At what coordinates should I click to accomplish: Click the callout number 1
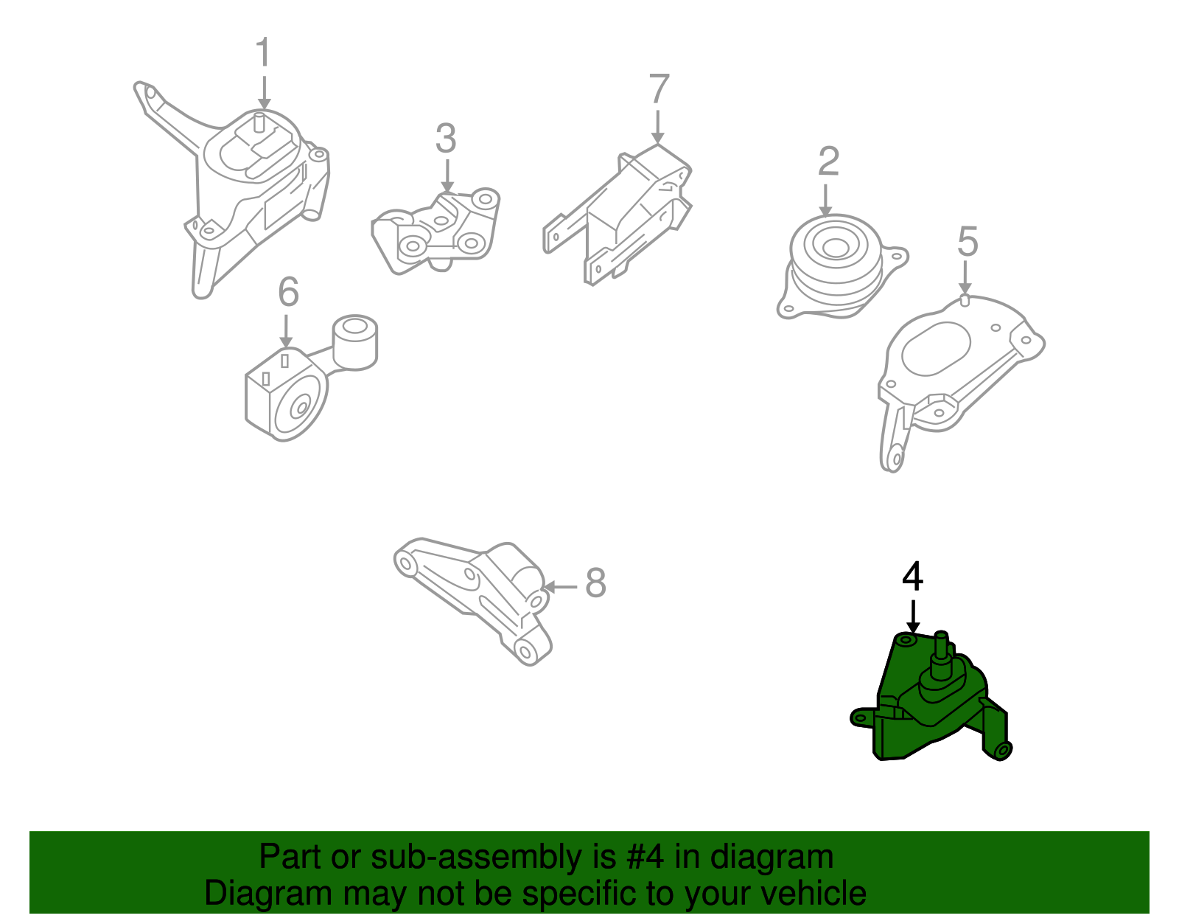(x=263, y=54)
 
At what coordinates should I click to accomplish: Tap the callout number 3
(x=445, y=139)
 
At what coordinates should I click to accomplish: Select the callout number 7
(x=658, y=90)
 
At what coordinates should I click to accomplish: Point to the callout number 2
(x=828, y=161)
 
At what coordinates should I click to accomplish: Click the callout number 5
(x=967, y=242)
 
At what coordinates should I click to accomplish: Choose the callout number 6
(x=288, y=292)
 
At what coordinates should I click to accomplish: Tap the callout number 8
(x=595, y=583)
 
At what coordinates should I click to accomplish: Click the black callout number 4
(x=912, y=577)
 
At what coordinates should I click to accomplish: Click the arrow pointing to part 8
(x=561, y=587)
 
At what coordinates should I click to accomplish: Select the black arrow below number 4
(x=912, y=616)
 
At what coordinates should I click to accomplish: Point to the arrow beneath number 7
(x=657, y=126)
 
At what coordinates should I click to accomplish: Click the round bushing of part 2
(x=834, y=247)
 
